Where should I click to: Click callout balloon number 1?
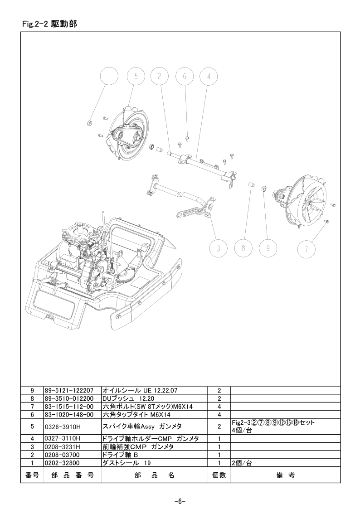point(109,77)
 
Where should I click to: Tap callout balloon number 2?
point(160,77)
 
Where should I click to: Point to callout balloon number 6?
point(185,77)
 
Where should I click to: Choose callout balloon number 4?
point(209,77)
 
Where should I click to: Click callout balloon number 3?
point(219,249)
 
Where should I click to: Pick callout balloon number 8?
point(243,249)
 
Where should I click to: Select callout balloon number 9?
point(268,249)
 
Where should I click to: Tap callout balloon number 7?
point(306,249)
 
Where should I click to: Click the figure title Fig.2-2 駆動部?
point(50,24)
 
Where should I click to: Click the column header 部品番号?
point(73,475)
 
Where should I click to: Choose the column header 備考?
point(285,475)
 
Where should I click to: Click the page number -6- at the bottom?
point(180,501)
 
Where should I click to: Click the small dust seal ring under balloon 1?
point(90,123)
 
